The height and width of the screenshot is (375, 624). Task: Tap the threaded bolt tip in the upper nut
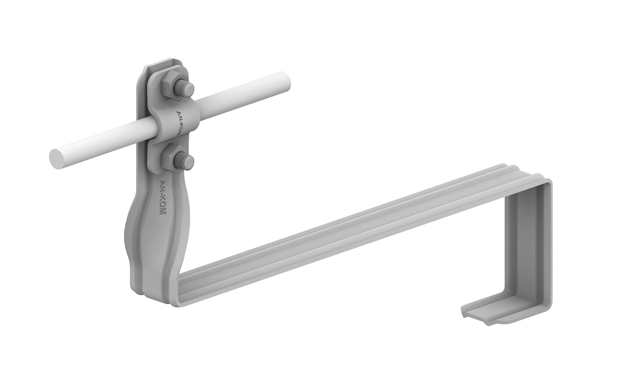click(187, 90)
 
